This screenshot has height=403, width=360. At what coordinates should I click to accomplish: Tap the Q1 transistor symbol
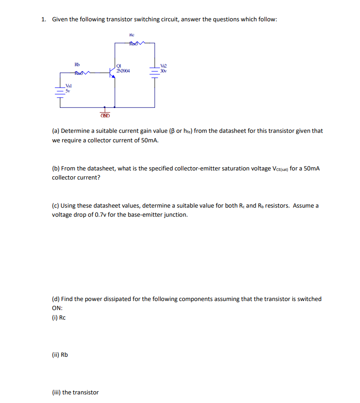112,71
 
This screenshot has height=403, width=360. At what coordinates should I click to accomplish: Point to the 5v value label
68,91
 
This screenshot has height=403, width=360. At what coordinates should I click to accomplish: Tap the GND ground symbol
105,112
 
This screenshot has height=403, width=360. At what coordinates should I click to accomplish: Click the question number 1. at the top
44,19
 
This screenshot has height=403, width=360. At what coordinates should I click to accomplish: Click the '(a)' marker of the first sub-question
56,131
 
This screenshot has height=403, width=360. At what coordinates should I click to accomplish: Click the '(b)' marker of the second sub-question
56,169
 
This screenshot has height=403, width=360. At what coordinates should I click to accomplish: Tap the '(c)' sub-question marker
56,206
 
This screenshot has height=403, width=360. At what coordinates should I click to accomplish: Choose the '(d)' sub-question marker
56,299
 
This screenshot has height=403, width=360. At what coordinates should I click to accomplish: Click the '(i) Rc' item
59,318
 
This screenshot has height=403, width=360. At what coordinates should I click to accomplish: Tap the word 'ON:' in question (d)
58,308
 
